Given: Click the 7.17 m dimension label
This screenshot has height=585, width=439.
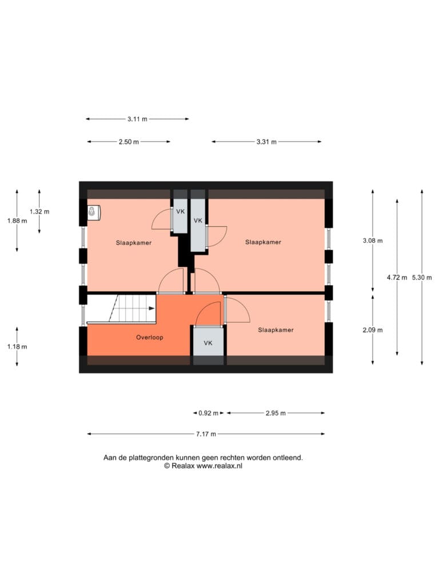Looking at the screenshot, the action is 206,434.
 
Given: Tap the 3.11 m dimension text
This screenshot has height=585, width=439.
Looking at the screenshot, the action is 137,119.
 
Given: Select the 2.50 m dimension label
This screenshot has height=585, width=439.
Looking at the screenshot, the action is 129,142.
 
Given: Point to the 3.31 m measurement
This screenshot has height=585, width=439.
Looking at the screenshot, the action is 266,142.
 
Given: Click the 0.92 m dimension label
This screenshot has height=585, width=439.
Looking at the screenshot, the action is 208,413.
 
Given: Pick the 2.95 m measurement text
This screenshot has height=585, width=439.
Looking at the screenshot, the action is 276,413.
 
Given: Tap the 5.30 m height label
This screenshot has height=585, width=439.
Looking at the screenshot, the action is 422,278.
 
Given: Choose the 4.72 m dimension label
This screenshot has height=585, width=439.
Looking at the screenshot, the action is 397,278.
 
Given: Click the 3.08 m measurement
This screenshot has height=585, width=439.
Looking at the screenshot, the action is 373,241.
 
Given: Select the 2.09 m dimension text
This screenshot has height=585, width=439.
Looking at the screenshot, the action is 373,330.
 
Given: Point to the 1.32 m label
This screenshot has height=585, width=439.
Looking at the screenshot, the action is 39,211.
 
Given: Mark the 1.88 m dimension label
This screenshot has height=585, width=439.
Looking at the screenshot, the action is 17,221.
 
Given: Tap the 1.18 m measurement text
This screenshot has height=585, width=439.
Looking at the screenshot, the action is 17,347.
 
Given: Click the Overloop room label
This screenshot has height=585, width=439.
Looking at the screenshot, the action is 149,337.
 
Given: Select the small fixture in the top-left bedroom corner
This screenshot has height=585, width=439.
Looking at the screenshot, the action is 94,211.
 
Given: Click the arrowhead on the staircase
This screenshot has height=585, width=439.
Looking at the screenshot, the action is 151,308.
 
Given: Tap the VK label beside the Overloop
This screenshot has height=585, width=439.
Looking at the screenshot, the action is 208,343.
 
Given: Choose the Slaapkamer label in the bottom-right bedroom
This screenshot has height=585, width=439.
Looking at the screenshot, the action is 276,330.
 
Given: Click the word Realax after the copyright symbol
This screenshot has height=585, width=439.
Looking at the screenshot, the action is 183,466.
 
